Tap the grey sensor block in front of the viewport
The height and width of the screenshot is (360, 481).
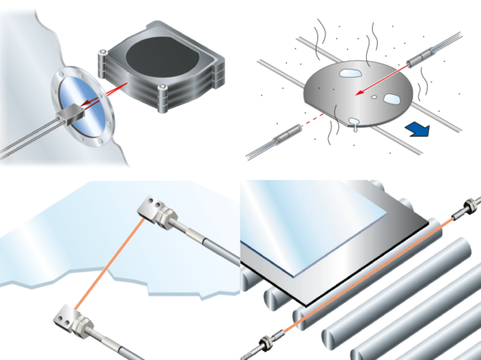[x=77, y=107]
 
